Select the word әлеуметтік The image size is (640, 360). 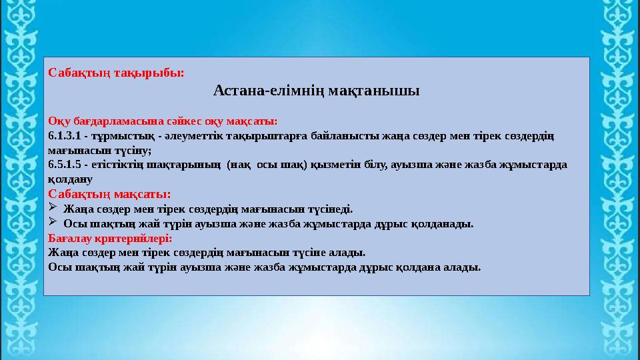pyautogui.click(x=195, y=136)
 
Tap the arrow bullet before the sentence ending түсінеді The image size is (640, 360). pyautogui.click(x=53, y=209)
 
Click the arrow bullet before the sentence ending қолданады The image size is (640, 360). pyautogui.click(x=53, y=223)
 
